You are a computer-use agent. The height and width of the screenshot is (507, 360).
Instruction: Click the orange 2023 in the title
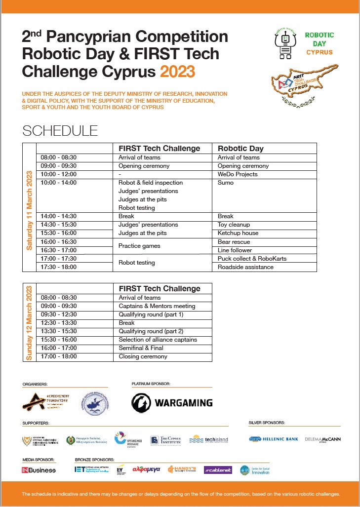coord(177,72)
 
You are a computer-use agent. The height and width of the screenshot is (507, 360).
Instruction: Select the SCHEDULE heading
coord(60,131)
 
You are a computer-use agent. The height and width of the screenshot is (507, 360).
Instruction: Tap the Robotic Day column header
coord(240,148)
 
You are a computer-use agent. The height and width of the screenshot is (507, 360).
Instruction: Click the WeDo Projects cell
coord(238,174)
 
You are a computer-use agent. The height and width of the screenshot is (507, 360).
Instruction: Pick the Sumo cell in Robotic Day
coord(226,183)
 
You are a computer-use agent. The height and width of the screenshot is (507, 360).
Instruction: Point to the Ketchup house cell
coord(238,233)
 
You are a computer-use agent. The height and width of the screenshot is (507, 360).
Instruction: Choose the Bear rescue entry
coord(234,242)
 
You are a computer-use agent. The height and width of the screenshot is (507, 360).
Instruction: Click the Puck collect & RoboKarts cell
coord(252,258)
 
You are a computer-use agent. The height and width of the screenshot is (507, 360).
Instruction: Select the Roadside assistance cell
coord(245,267)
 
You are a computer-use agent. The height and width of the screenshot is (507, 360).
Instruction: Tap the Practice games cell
coord(139,246)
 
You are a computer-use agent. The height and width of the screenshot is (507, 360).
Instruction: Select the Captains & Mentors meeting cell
coord(157,306)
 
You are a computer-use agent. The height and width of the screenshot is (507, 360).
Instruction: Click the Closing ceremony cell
coord(143,356)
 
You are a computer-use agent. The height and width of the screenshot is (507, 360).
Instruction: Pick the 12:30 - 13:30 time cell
coord(59,323)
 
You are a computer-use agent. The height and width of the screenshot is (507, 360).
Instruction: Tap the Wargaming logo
coord(172,402)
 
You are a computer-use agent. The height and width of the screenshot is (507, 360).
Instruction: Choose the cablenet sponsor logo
coord(218,469)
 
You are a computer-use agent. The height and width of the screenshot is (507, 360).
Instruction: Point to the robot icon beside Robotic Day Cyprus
coord(285,43)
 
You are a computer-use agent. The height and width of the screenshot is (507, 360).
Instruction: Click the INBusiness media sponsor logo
coord(39,470)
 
